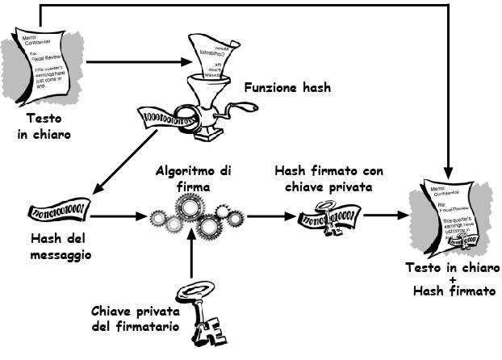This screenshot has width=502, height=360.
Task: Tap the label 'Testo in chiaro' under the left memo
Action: tap(40, 127)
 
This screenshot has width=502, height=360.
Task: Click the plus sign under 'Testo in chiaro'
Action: tap(451, 278)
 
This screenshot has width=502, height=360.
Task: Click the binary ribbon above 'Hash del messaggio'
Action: tap(56, 212)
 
